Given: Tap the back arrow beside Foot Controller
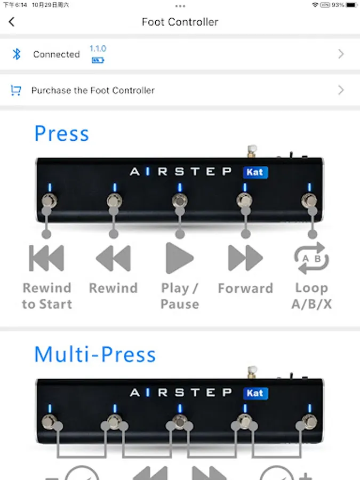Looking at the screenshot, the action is (12, 22).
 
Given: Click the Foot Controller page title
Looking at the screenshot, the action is (180, 22).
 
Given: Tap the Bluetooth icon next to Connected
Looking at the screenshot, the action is (17, 54).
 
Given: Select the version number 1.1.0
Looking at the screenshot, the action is (98, 49).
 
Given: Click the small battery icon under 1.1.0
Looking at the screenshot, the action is (98, 60).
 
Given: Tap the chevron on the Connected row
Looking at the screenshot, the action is (341, 54).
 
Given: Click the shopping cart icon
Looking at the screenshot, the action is (16, 90).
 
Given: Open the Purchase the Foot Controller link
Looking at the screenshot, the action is (93, 90).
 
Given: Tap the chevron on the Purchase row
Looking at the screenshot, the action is (341, 90).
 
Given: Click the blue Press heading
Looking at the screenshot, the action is (61, 133).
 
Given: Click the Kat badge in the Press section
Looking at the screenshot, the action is (255, 172).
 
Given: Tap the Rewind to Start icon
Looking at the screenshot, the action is (46, 258).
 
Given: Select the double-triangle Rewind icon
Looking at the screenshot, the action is (113, 258).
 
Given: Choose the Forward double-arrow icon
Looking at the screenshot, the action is (245, 258).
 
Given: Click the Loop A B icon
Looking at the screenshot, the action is (311, 258).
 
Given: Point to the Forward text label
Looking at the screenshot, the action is (245, 289).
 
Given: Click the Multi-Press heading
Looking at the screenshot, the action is (95, 355).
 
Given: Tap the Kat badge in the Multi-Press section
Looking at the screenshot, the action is (255, 393).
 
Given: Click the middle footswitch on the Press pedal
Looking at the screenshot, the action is (180, 201).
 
